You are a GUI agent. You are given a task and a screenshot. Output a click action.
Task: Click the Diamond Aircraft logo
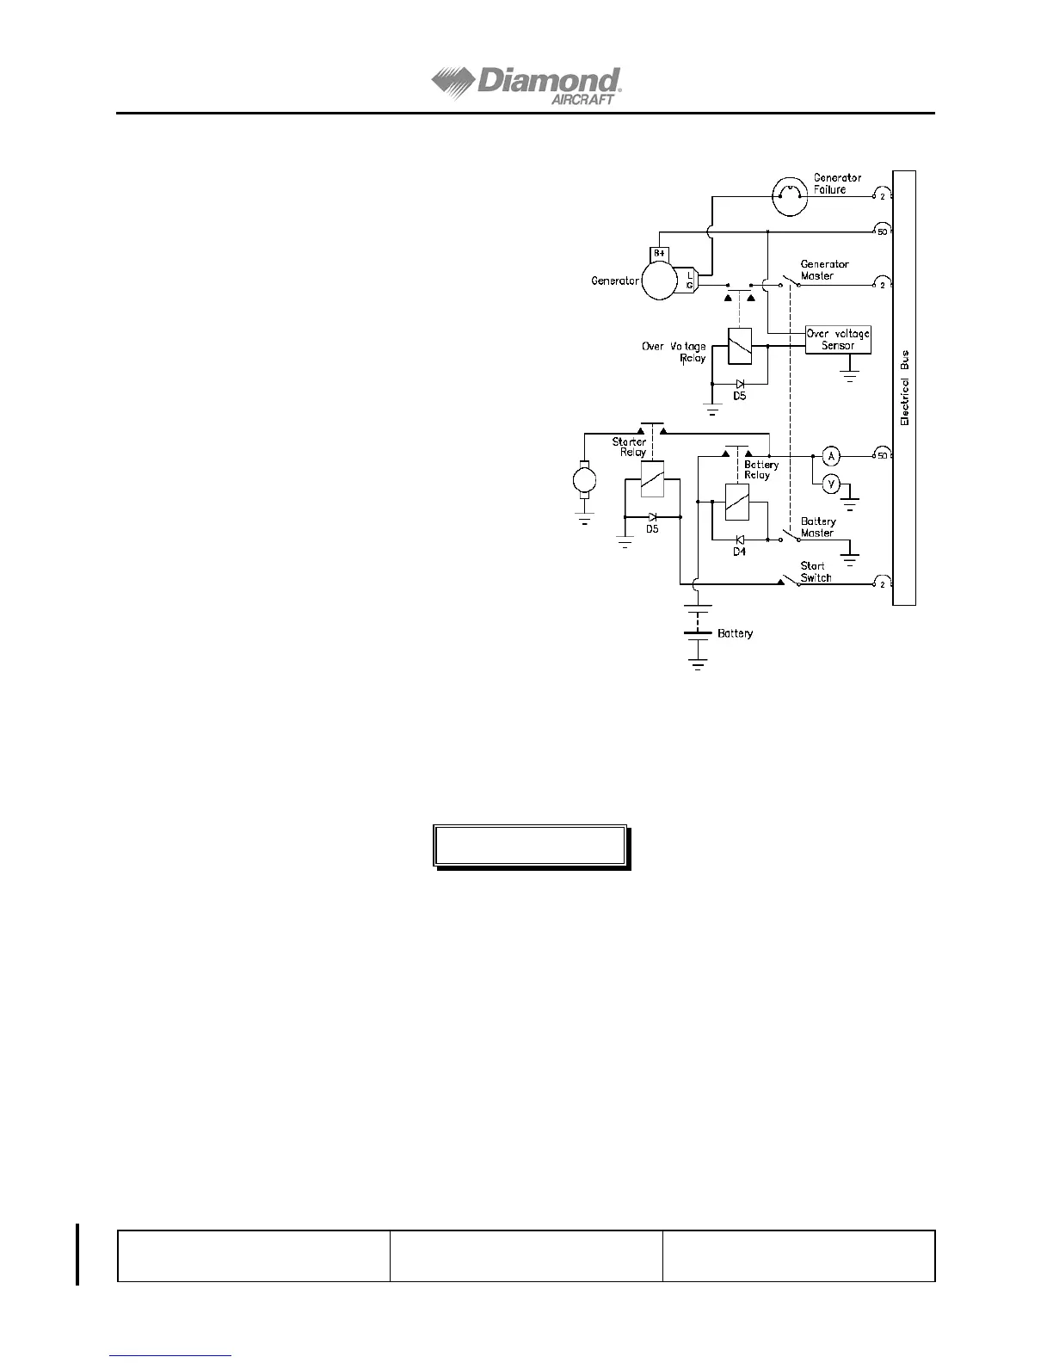(526, 86)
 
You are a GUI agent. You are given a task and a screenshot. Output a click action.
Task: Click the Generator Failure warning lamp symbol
(790, 195)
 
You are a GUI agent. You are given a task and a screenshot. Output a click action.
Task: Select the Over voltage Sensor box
(838, 340)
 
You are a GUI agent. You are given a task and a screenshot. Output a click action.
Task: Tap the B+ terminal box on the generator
(659, 253)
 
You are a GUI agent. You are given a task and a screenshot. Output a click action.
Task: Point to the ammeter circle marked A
(831, 455)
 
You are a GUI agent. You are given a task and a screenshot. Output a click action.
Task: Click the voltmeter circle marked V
(831, 484)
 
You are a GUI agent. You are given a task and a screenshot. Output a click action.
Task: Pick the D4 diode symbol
(739, 540)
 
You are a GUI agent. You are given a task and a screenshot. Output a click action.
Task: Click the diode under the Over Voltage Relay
(739, 384)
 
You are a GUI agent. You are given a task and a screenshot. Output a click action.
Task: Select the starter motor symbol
(584, 478)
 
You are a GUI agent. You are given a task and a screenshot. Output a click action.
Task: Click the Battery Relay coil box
(737, 502)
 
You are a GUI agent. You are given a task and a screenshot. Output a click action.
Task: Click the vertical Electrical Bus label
(904, 388)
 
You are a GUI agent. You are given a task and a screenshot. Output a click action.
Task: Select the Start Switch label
(816, 571)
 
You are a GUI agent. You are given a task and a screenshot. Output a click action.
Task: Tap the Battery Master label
(817, 527)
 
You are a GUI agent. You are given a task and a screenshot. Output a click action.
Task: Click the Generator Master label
(824, 270)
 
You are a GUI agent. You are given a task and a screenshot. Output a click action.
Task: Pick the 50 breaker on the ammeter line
(882, 455)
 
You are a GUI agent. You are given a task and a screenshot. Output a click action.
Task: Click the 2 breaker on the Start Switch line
(882, 585)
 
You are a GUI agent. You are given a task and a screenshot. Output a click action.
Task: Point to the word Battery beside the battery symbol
(735, 633)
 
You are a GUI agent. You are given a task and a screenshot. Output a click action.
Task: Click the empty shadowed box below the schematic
(529, 846)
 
